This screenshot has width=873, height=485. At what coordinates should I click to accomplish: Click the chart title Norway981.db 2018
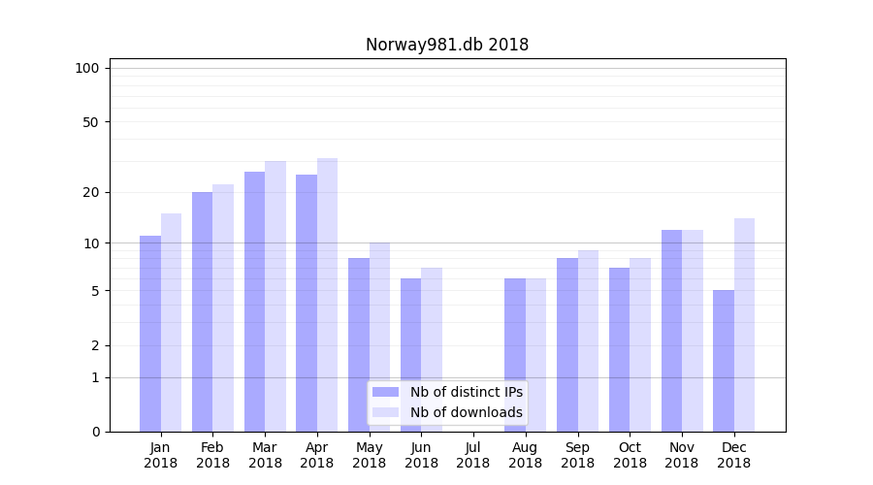(447, 45)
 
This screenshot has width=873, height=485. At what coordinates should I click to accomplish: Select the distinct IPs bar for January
(150, 334)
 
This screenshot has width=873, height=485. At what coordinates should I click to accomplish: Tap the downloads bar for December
(744, 325)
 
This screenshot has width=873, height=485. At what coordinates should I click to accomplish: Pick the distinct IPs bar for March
(254, 302)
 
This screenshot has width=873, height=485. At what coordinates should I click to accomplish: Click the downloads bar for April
(327, 295)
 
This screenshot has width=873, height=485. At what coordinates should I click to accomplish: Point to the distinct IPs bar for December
(724, 361)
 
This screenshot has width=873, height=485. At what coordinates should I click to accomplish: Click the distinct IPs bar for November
(671, 331)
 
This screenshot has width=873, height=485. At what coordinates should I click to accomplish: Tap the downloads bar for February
(223, 307)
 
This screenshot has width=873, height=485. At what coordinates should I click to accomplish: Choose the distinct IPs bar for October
(619, 349)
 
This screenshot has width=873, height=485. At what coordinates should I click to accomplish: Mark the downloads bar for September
(588, 340)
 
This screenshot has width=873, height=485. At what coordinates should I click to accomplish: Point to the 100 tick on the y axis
(87, 68)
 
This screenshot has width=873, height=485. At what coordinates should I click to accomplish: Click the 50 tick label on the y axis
(90, 122)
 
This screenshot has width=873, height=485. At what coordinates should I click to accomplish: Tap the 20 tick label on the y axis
(90, 192)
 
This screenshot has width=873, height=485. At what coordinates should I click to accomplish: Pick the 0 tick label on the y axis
(95, 432)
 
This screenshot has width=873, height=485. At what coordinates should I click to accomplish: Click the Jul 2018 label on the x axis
(473, 455)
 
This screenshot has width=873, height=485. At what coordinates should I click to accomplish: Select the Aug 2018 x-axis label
(526, 455)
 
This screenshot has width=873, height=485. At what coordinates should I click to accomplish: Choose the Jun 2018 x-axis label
(421, 455)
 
